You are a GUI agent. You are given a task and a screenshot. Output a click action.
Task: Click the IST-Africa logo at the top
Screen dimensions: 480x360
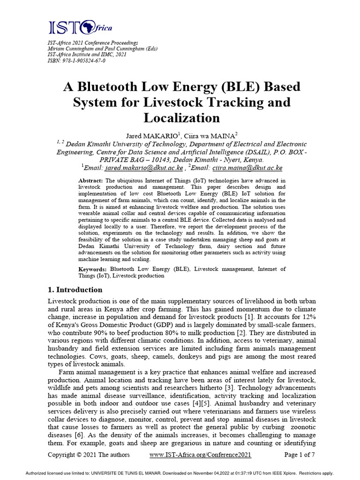(x=80, y=28)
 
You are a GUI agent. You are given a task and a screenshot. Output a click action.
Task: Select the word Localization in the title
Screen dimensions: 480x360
(x=181, y=117)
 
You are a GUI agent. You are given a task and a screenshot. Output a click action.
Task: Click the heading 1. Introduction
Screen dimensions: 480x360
(x=75, y=290)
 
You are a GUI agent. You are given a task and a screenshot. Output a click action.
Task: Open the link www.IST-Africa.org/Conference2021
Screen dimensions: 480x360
(x=200, y=455)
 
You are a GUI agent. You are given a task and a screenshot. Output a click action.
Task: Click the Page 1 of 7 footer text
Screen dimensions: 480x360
(x=300, y=455)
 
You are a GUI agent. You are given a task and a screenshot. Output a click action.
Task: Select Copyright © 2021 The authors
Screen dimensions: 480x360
(x=89, y=455)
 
